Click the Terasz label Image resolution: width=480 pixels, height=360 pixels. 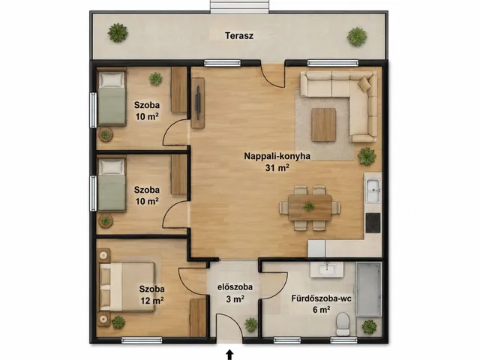click(x=239, y=35)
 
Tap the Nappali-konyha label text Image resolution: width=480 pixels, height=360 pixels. click(x=277, y=156)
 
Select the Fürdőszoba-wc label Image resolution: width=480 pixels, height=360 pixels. click(x=322, y=298)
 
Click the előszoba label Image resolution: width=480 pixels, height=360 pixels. click(x=235, y=287)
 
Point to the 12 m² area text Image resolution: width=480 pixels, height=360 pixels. click(x=152, y=300)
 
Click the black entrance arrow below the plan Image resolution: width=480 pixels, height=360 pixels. click(x=229, y=355)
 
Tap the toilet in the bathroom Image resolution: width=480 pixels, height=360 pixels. click(x=343, y=324)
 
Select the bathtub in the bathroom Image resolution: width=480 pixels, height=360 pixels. click(x=369, y=289)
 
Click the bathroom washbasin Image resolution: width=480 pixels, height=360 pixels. click(x=327, y=269)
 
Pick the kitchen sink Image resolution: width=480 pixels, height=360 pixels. click(x=373, y=190)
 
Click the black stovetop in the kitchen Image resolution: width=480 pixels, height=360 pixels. click(x=373, y=223)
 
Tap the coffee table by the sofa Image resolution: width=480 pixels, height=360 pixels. click(x=323, y=125)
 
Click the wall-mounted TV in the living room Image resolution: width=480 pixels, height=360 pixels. click(x=198, y=103)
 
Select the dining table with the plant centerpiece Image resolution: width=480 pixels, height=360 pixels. click(x=310, y=207)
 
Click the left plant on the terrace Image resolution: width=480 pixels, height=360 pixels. click(x=118, y=33)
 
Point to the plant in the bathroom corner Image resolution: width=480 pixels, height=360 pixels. click(x=369, y=327)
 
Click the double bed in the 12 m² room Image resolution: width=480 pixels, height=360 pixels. click(x=127, y=287)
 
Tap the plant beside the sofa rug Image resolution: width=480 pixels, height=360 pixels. click(x=367, y=156)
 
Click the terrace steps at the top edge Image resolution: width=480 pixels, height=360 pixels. click(x=240, y=6)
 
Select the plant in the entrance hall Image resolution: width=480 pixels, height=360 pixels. click(x=251, y=325)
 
